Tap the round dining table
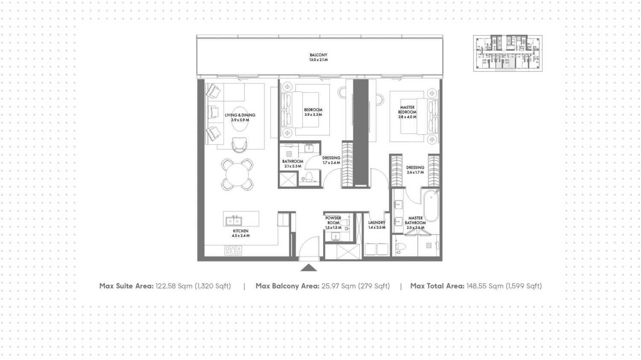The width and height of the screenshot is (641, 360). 237,175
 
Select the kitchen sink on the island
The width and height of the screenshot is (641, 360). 233,221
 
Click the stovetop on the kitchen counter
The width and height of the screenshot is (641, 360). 233,251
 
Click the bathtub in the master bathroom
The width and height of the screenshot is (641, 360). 431,205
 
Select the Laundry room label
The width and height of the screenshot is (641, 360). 376,222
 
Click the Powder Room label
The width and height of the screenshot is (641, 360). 333,220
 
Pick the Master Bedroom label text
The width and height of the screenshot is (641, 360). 407,110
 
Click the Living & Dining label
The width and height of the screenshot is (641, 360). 240,115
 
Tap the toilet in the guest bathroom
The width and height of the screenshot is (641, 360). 309,177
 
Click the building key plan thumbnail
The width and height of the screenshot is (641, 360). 508,53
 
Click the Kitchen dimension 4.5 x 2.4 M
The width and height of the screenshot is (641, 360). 241,236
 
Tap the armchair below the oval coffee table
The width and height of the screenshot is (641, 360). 239,145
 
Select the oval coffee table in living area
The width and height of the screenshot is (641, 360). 240,119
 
